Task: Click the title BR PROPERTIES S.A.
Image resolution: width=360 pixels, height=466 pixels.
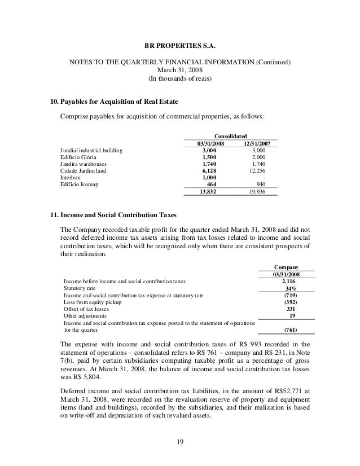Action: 179,42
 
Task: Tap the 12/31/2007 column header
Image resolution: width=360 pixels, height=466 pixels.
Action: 254,144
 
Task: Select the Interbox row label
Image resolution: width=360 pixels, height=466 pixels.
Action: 71,177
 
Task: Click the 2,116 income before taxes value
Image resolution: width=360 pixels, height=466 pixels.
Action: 290,280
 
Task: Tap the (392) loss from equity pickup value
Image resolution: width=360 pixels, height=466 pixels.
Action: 291,303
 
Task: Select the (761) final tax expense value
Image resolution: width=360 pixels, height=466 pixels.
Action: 291,331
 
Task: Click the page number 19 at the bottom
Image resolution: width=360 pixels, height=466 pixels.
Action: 179,442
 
